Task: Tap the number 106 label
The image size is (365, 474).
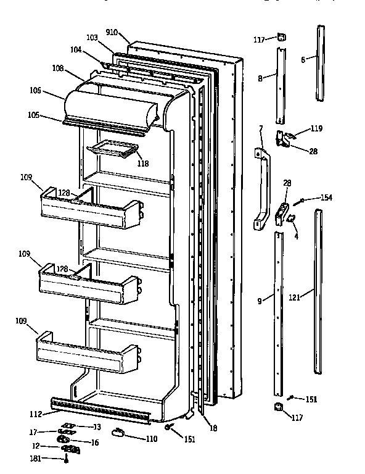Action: pos(34,91)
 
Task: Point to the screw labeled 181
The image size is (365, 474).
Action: pos(65,459)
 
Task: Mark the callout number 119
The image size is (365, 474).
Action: pos(317,129)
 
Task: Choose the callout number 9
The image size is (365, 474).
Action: pos(260,301)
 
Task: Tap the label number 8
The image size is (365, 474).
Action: pos(260,78)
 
